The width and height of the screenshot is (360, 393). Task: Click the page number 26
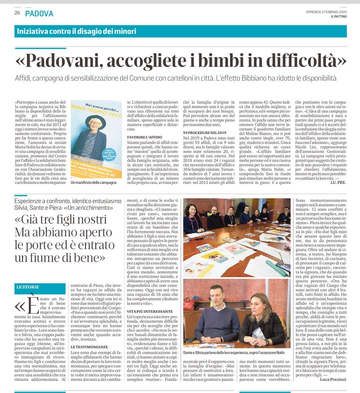pyautogui.click(x=17, y=13)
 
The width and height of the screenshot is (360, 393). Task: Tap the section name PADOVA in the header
pyautogui.click(x=39, y=13)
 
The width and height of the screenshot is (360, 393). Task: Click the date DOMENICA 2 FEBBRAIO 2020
pyautogui.click(x=326, y=12)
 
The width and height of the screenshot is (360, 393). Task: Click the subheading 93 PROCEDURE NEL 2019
pyautogui.click(x=204, y=132)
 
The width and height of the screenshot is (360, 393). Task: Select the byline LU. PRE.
pyautogui.click(x=339, y=182)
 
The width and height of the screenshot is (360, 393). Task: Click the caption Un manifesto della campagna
pyautogui.click(x=93, y=183)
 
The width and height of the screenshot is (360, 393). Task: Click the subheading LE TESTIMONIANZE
pyautogui.click(x=89, y=347)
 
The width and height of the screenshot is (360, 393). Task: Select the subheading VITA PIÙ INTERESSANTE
pyautogui.click(x=150, y=311)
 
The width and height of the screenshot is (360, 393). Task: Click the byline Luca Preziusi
pyautogui.click(x=333, y=379)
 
